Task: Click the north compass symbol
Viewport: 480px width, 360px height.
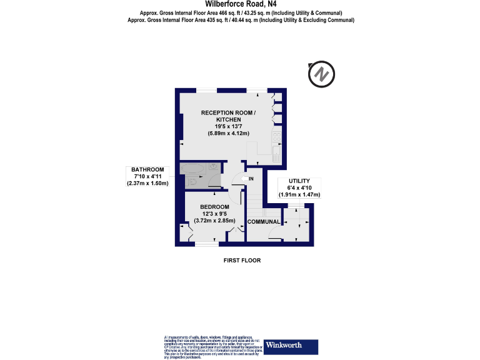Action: (x=321, y=74)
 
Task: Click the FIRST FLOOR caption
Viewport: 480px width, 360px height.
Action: (x=242, y=260)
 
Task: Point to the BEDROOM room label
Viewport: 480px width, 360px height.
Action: (x=214, y=207)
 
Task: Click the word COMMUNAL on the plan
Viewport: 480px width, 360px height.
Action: (x=263, y=222)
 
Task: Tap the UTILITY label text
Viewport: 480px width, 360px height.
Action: (x=299, y=181)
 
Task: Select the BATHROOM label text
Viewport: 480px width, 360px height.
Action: (x=147, y=169)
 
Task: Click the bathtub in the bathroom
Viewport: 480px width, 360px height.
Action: (x=195, y=168)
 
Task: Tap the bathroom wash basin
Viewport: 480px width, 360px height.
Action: (x=214, y=167)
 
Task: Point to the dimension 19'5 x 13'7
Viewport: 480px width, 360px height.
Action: (x=228, y=126)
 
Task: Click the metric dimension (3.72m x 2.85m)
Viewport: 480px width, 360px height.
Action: (x=214, y=221)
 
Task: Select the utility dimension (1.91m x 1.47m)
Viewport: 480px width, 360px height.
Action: (x=299, y=195)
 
